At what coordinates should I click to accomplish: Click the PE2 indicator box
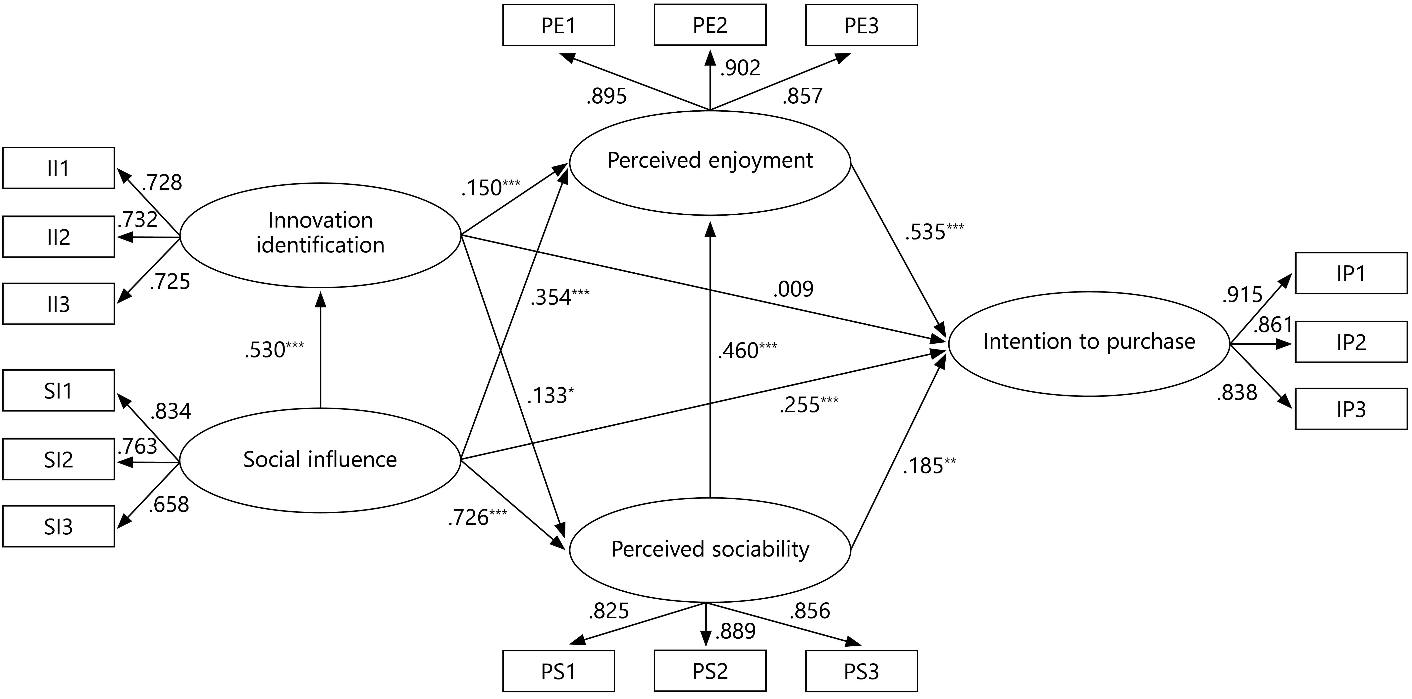point(710,25)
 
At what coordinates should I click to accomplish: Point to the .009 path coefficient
point(793,289)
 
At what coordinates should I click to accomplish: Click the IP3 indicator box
point(1351,409)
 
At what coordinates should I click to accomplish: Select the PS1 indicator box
point(558,671)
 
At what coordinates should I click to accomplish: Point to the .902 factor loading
point(741,68)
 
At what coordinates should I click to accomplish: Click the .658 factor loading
point(169,504)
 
